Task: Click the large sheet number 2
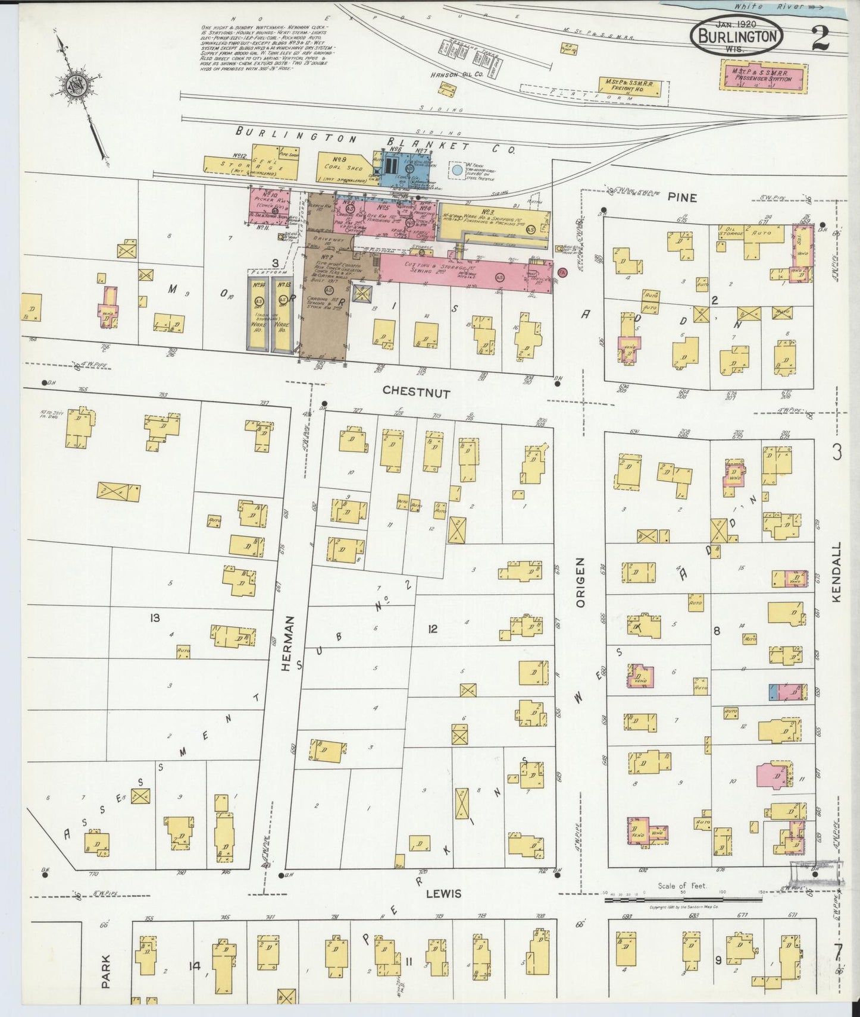pos(820,39)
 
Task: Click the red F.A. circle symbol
pos(562,272)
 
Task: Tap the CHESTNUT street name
pos(416,391)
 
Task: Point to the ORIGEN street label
pos(581,582)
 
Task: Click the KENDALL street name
pos(836,572)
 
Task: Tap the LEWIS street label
pos(443,893)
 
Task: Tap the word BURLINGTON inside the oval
pos(736,37)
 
